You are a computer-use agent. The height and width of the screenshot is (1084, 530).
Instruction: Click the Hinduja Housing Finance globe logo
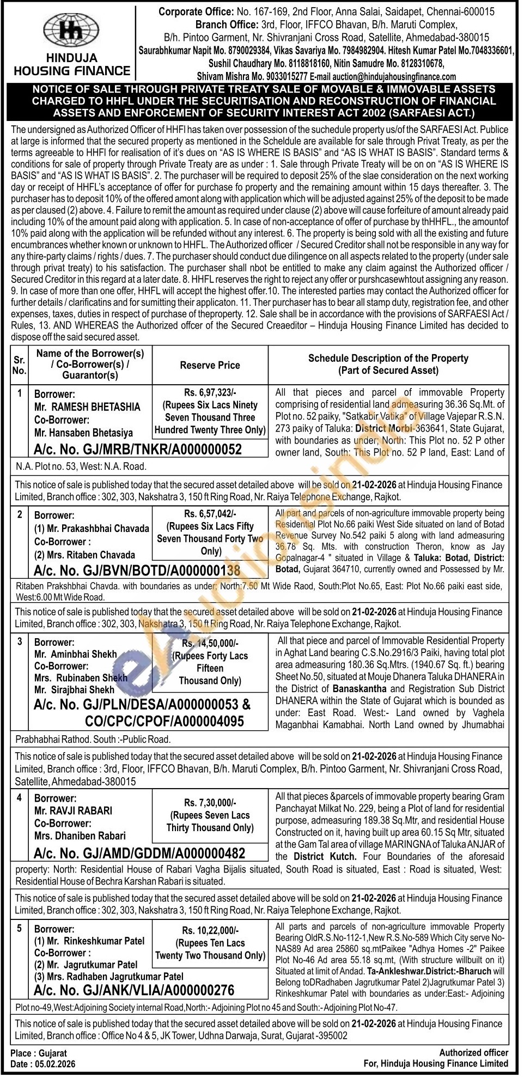click(x=71, y=30)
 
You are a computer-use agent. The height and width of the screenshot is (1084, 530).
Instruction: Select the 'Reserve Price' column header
click(x=210, y=365)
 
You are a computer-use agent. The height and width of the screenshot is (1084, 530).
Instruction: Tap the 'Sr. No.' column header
click(x=19, y=365)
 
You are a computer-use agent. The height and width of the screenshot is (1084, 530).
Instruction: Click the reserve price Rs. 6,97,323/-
click(x=210, y=392)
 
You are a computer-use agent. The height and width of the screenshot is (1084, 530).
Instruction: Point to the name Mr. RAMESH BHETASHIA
click(x=87, y=407)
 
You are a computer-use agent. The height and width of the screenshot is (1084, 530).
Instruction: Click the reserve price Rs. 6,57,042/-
click(x=210, y=513)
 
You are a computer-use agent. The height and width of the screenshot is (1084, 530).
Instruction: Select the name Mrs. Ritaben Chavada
click(x=84, y=555)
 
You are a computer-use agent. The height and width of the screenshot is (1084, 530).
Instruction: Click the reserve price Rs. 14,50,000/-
click(x=210, y=643)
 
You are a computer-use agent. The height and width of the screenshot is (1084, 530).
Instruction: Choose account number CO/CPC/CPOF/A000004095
click(x=165, y=721)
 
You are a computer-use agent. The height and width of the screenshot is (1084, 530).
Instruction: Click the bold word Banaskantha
click(x=361, y=688)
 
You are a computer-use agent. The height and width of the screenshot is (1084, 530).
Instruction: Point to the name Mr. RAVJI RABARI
click(x=73, y=810)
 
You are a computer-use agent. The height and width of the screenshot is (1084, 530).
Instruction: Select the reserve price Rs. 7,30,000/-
click(x=210, y=802)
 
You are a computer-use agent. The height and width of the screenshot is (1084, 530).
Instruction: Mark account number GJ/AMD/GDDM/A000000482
click(x=139, y=853)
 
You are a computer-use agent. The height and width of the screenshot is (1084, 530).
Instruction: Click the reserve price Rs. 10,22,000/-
click(x=210, y=931)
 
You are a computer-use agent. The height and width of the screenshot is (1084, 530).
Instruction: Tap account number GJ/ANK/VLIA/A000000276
click(x=134, y=990)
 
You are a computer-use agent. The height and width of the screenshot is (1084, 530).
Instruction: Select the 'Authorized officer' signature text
click(x=473, y=1052)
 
